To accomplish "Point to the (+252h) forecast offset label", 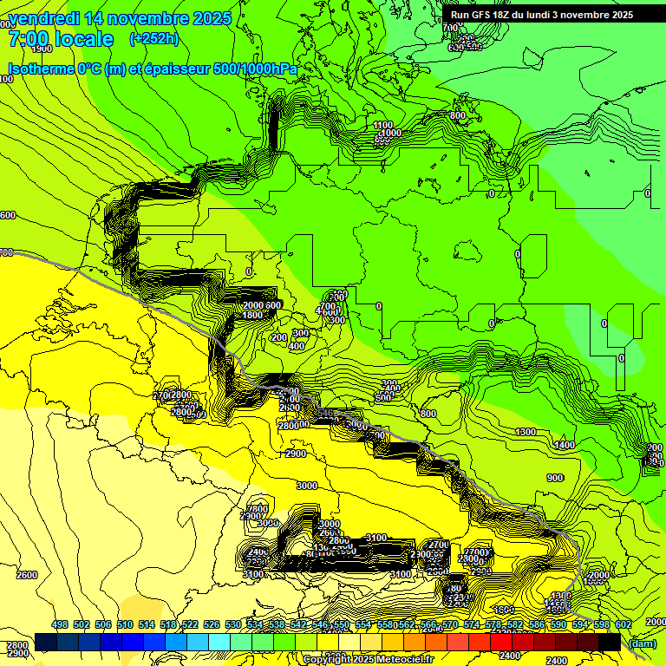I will click(153, 39).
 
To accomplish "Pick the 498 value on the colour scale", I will click(60, 625).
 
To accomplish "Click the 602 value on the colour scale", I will click(623, 625).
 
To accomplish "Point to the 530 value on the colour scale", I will click(233, 625).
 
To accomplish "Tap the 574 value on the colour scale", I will click(472, 625).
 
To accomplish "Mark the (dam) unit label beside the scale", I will click(643, 643).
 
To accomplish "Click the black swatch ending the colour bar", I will click(610, 642).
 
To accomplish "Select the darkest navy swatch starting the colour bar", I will click(46, 642).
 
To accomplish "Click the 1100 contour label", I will click(382, 126).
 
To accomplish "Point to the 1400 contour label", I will click(565, 445).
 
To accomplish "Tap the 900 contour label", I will click(555, 478).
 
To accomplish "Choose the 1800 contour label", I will click(252, 316).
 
